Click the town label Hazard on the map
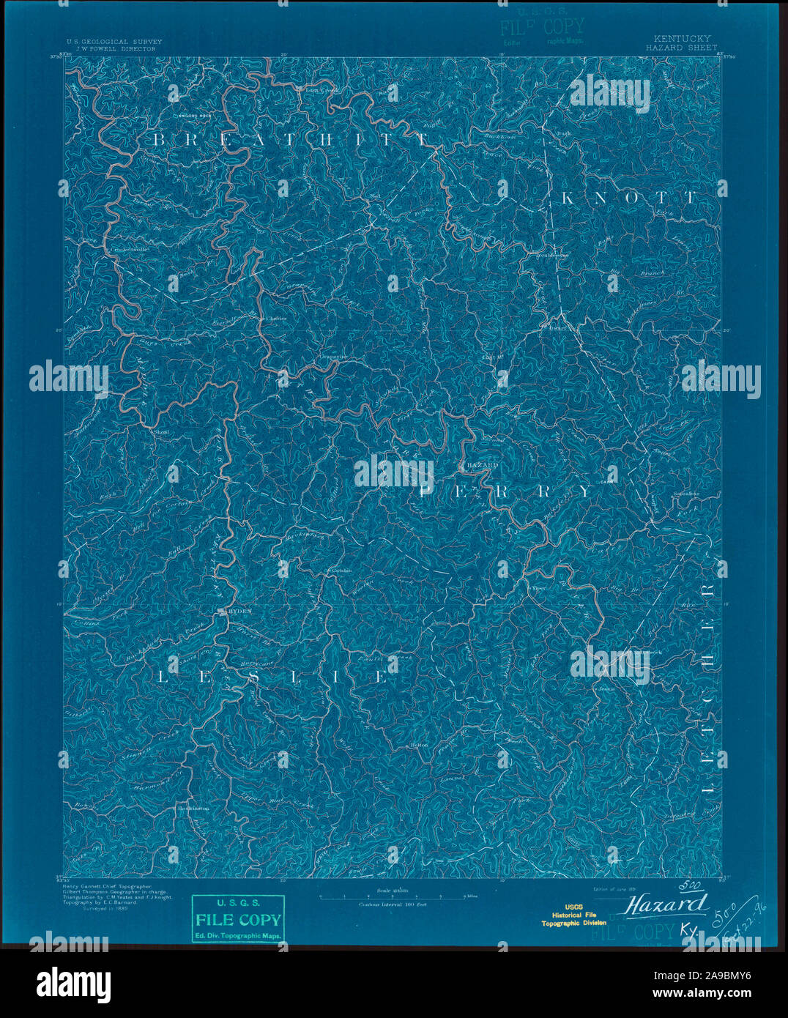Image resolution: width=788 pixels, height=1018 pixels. click(x=482, y=465)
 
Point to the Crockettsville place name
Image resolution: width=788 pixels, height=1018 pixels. click(x=129, y=250)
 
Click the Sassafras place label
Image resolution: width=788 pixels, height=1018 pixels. click(x=686, y=494)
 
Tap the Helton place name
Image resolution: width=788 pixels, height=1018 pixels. click(x=419, y=744)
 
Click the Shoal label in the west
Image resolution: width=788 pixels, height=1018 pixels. click(x=162, y=432)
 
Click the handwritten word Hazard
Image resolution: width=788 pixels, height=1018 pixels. click(x=666, y=904)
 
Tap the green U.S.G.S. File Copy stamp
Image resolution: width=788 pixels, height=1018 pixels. click(x=237, y=919)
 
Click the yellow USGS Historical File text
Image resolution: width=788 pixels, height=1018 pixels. click(x=573, y=915)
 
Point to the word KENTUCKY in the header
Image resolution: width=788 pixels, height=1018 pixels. click(x=678, y=38)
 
